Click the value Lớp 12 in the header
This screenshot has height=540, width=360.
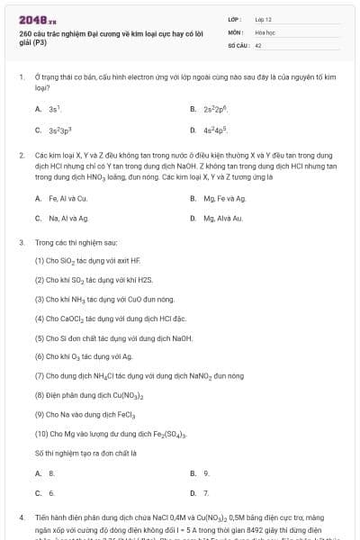pos(264,19)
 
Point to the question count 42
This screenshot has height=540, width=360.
pos(258,44)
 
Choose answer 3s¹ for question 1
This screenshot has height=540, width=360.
pos(53,109)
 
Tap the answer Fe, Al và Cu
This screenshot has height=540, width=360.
pos(67,197)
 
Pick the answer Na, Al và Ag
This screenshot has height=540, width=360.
pos(68,218)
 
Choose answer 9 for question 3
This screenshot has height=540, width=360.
pos(206,472)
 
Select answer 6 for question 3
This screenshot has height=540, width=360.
pos(51,492)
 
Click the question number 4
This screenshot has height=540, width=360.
pos(21,518)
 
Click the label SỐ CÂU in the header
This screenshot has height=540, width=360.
pos(238,44)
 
